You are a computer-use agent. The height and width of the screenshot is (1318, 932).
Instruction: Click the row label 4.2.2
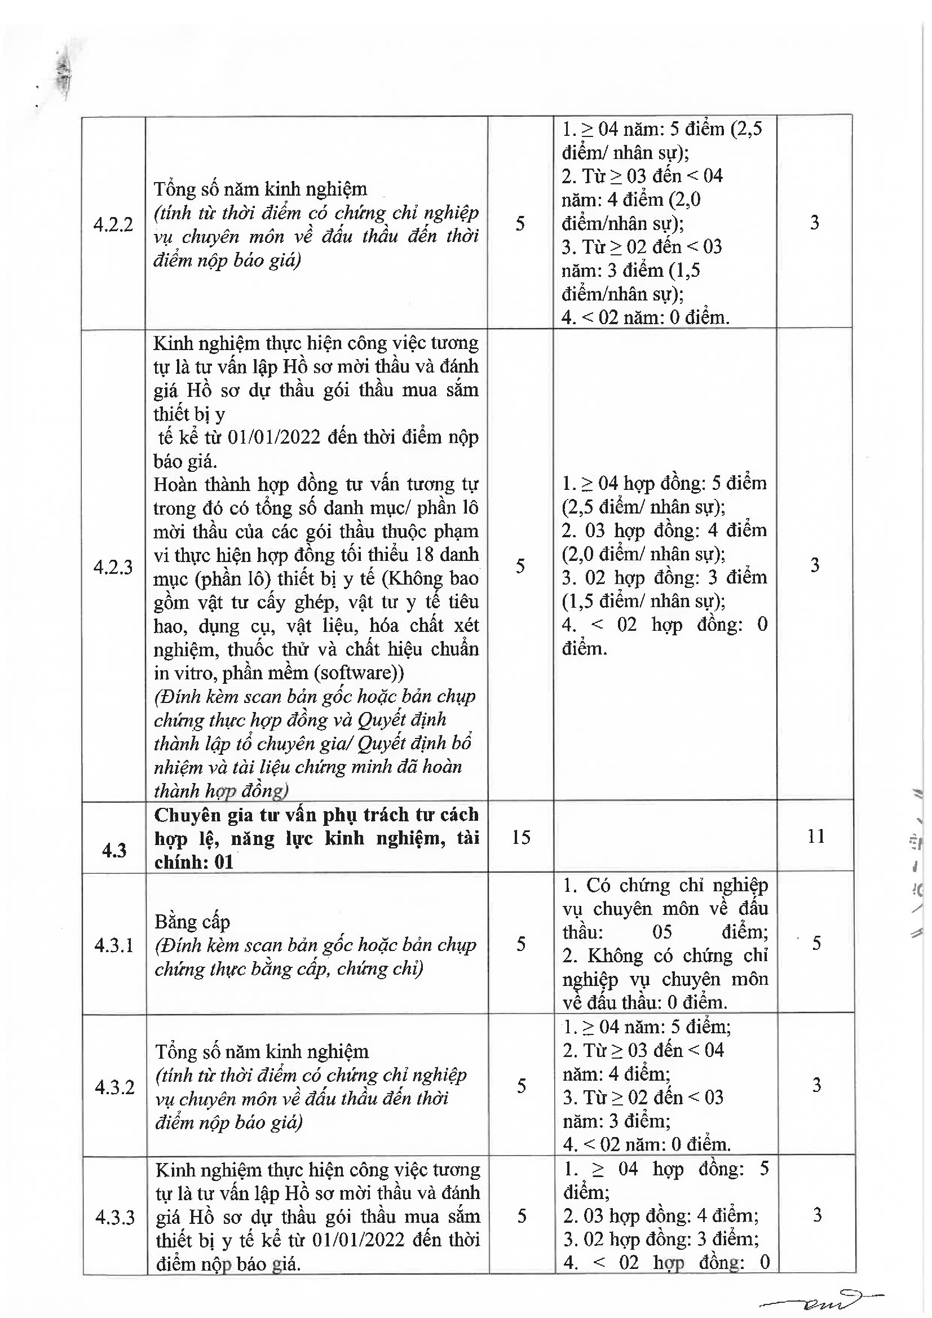[113, 224]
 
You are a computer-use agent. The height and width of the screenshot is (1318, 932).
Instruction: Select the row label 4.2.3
[113, 567]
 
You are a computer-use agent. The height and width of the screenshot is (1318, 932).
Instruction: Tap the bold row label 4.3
[114, 850]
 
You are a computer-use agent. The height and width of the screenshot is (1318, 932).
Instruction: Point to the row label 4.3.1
[114, 945]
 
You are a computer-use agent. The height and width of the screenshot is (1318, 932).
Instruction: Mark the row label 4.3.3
[115, 1217]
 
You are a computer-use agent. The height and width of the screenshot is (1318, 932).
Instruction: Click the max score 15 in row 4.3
[520, 837]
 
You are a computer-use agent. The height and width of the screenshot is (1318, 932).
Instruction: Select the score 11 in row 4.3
[815, 837]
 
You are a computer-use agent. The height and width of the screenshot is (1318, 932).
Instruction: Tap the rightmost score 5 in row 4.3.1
[816, 943]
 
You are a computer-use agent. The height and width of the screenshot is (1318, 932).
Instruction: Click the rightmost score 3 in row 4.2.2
[814, 223]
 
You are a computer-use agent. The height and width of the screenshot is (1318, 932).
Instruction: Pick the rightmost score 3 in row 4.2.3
[815, 565]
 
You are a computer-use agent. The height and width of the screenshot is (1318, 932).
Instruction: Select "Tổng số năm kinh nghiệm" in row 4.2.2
[260, 189]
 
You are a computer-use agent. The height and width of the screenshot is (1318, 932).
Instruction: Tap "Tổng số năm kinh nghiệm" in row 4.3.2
[261, 1052]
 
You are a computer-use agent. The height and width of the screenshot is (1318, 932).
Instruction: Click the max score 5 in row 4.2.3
[520, 567]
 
